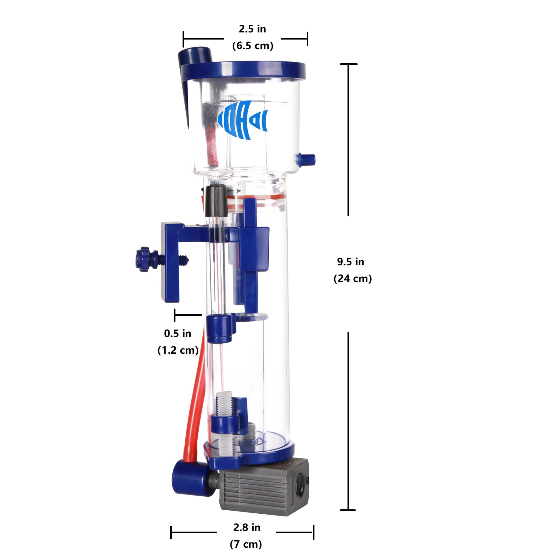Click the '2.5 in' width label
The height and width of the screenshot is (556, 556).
click(x=252, y=29)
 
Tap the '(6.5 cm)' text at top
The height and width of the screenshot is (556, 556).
click(x=253, y=46)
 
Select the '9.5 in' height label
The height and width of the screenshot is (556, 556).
click(x=350, y=262)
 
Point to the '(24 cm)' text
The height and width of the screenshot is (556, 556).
click(x=352, y=279)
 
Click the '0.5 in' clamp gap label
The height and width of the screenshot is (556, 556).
click(x=177, y=334)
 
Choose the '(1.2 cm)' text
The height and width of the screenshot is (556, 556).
click(x=178, y=350)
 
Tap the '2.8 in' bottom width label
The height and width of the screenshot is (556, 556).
click(x=246, y=527)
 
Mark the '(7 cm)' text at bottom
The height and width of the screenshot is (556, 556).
click(x=246, y=544)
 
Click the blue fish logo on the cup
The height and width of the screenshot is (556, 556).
click(x=243, y=120)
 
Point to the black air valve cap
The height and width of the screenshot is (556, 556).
click(x=216, y=201)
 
